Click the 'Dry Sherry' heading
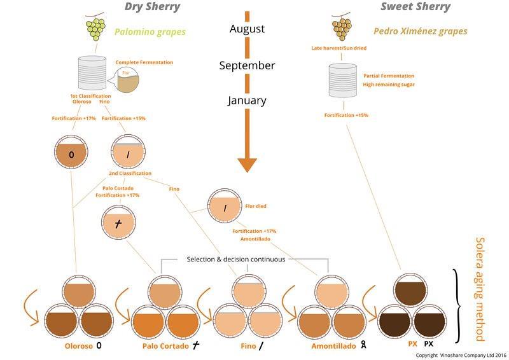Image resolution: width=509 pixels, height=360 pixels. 152,8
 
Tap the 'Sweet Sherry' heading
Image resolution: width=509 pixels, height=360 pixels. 415,8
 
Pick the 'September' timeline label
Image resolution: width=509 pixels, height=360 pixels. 247,66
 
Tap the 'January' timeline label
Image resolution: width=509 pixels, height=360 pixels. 247,100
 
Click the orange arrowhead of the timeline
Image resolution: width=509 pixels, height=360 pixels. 247,163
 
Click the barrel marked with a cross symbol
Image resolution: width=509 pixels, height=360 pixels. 119,227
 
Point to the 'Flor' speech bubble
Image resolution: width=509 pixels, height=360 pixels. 125,82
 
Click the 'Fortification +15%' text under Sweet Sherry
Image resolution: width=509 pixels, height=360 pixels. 346,115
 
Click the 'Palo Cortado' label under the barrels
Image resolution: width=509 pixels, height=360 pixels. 165,346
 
